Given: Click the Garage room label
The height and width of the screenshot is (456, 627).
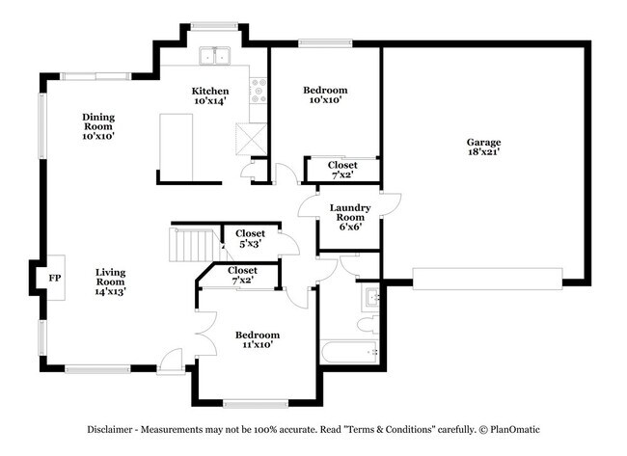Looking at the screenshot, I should click(x=484, y=147).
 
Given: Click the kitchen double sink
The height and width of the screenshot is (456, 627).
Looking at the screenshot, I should click(x=214, y=57).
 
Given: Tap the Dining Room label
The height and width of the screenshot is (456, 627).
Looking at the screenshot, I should click(x=97, y=126).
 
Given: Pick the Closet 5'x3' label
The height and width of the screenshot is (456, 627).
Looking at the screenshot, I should click(x=251, y=238).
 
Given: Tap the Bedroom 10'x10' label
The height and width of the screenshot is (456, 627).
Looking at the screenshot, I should click(x=325, y=95).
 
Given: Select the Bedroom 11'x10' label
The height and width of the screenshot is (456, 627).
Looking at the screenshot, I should click(x=258, y=339).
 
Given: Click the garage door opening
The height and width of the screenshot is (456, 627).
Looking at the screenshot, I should click(x=487, y=279).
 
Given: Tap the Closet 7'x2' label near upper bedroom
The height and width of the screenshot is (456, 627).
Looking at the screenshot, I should click(x=342, y=171).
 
